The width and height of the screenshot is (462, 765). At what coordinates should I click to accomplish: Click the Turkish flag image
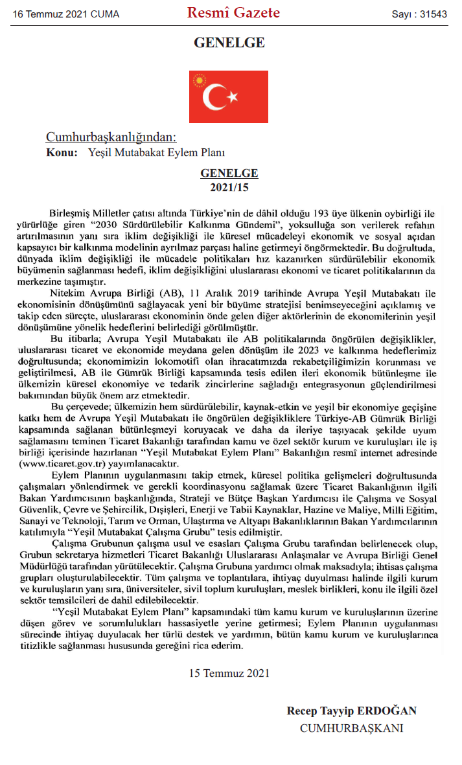click(229, 97)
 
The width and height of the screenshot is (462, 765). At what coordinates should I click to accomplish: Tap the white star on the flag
click(233, 98)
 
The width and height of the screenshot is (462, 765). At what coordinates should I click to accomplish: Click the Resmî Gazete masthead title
click(233, 13)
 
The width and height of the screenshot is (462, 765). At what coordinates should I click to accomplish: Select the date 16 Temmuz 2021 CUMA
click(65, 14)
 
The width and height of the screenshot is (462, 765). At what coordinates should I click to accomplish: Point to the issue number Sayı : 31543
click(419, 14)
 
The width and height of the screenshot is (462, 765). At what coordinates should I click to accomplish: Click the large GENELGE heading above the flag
click(229, 43)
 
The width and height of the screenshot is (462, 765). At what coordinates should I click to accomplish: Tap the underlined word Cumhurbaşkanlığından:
click(111, 137)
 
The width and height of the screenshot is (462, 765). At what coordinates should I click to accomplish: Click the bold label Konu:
click(62, 153)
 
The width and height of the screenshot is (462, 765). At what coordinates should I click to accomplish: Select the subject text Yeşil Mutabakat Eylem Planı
click(156, 153)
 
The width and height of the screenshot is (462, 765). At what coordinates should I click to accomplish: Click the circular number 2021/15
click(229, 187)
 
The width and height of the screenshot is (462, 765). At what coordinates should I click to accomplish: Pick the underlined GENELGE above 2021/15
click(229, 174)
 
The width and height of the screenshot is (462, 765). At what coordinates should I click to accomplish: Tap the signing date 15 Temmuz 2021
click(229, 672)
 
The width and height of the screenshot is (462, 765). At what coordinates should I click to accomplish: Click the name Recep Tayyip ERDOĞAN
click(351, 711)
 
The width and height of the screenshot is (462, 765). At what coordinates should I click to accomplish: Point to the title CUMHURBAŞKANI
click(351, 728)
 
